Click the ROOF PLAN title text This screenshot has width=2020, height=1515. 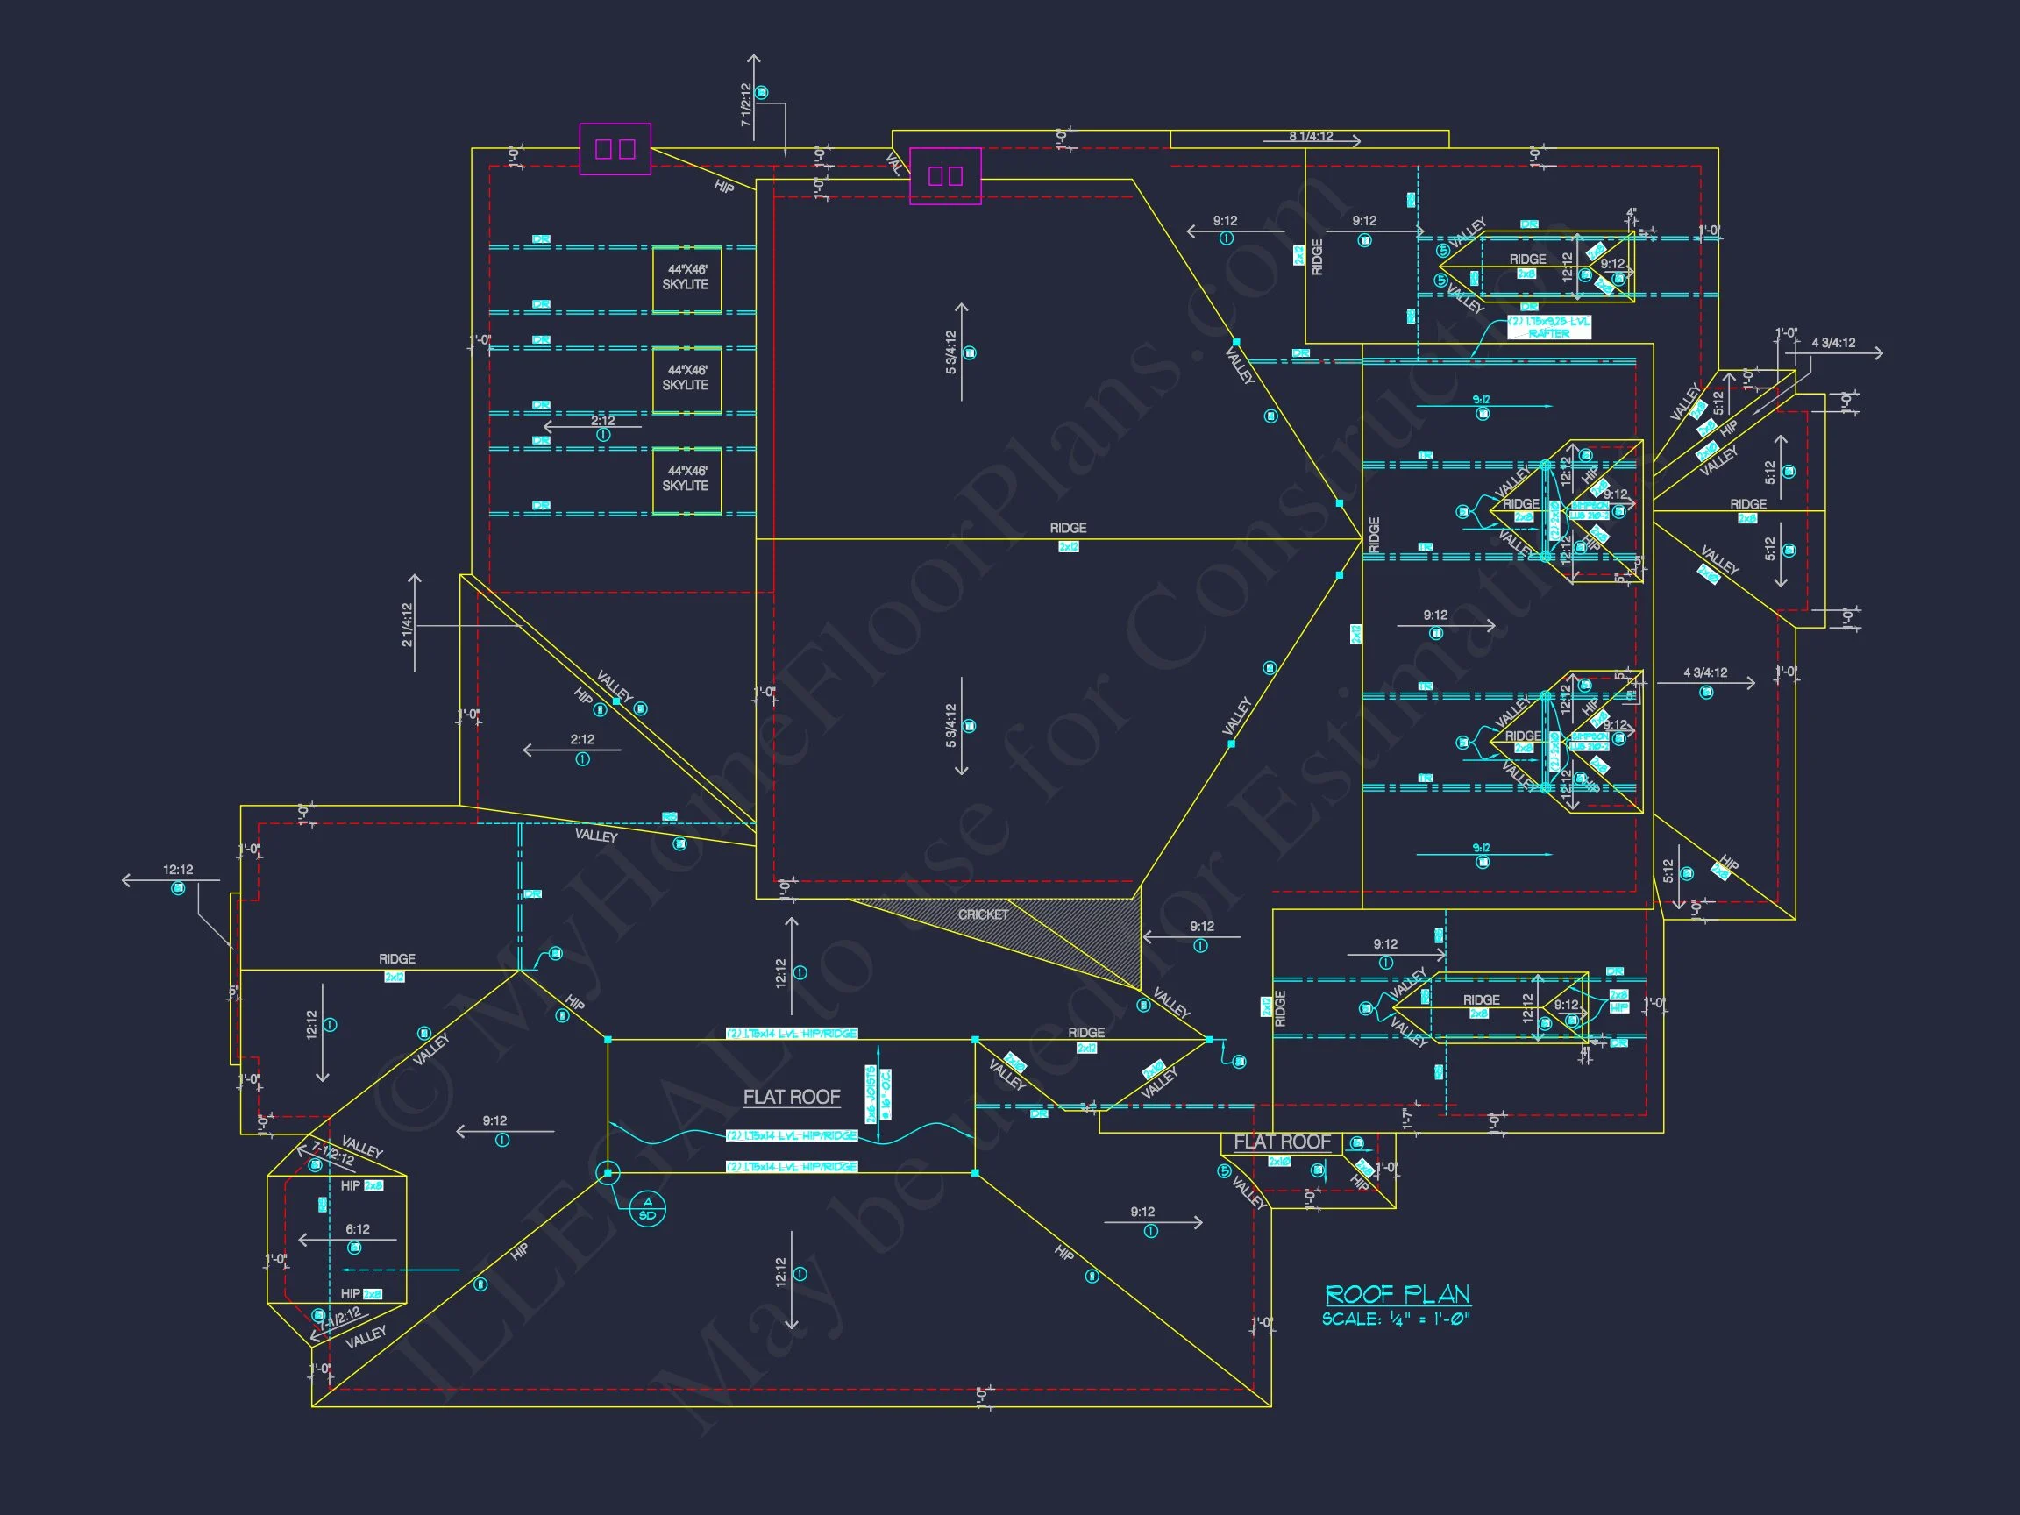1398,1294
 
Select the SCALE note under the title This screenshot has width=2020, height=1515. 1396,1319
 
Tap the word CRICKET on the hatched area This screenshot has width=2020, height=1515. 983,914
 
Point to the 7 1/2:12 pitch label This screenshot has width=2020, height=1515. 746,104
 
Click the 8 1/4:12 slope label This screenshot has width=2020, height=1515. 1311,136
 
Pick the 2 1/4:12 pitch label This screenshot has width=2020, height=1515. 407,624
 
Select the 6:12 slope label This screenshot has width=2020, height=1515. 357,1229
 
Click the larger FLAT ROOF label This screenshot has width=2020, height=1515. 791,1097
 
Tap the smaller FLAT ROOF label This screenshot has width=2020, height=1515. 1281,1142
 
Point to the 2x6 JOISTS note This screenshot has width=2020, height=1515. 871,1094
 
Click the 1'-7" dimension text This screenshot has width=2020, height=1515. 1407,1119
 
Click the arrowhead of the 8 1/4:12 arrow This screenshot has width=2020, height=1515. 1357,140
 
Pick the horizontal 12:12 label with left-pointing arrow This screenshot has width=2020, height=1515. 178,870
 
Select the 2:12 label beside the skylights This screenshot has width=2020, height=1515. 602,421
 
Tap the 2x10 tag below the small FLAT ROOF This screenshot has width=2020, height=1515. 1279,1162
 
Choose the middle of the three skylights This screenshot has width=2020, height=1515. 686,379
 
